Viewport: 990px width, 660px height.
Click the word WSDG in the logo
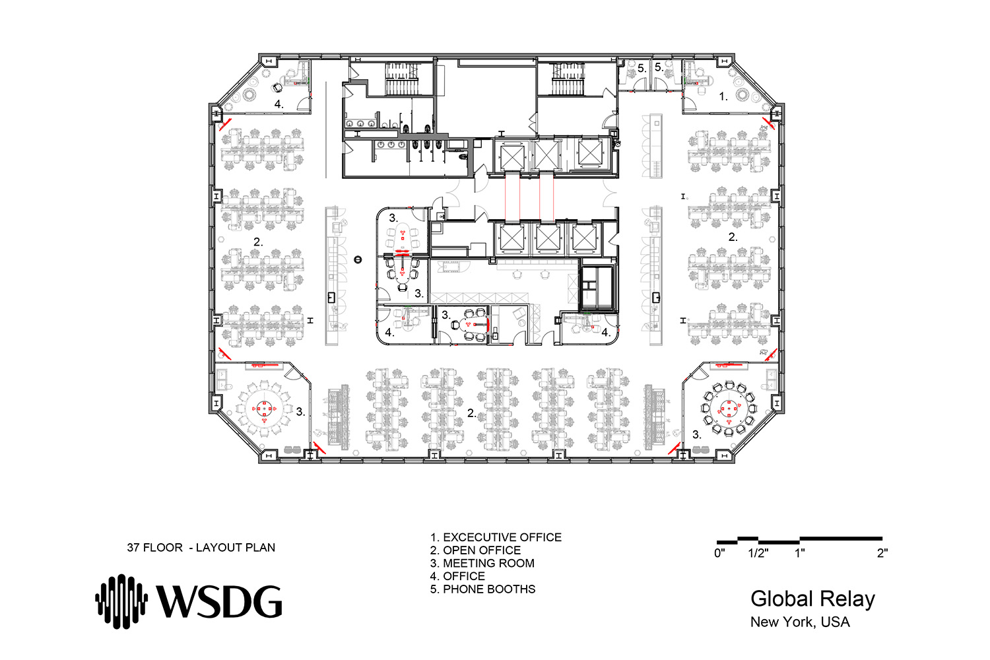[219, 602]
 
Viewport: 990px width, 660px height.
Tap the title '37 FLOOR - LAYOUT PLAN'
[201, 548]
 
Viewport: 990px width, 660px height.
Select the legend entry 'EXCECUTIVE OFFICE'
[502, 537]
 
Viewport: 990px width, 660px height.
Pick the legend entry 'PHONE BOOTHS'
[489, 589]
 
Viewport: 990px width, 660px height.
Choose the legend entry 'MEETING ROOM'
[488, 563]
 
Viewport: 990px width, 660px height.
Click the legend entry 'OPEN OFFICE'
[482, 550]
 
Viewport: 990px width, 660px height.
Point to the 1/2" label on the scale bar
[758, 553]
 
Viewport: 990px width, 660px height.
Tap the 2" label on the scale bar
[882, 553]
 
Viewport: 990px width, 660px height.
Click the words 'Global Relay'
[812, 599]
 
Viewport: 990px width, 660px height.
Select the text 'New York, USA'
[800, 622]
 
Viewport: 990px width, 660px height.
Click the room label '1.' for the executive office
[723, 96]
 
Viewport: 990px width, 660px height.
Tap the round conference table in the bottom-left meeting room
[264, 409]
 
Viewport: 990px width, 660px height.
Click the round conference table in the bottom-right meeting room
[729, 409]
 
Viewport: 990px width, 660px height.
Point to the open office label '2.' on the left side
[258, 242]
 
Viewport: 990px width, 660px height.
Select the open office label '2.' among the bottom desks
[472, 413]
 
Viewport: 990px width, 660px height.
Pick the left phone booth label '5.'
[642, 69]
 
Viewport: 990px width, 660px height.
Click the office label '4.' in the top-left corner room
[279, 104]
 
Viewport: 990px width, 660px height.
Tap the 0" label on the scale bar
[719, 553]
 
